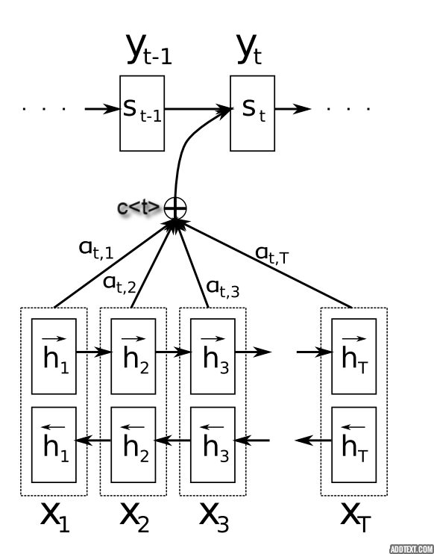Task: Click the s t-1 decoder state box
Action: (142, 113)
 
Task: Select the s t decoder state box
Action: (253, 113)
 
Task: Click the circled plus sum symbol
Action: (175, 208)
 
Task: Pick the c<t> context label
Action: (138, 208)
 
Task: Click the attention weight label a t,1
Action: (96, 250)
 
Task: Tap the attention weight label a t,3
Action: (223, 288)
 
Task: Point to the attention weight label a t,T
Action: (272, 255)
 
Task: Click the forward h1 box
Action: (54, 356)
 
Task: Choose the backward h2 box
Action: (133, 445)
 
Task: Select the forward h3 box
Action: (213, 356)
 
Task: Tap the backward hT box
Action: (354, 445)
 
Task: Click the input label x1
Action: (55, 517)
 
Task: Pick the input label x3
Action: (214, 517)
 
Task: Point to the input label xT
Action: (356, 517)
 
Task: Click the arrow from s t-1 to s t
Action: (198, 109)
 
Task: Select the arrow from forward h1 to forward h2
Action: (94, 352)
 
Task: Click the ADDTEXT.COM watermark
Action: (412, 550)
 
